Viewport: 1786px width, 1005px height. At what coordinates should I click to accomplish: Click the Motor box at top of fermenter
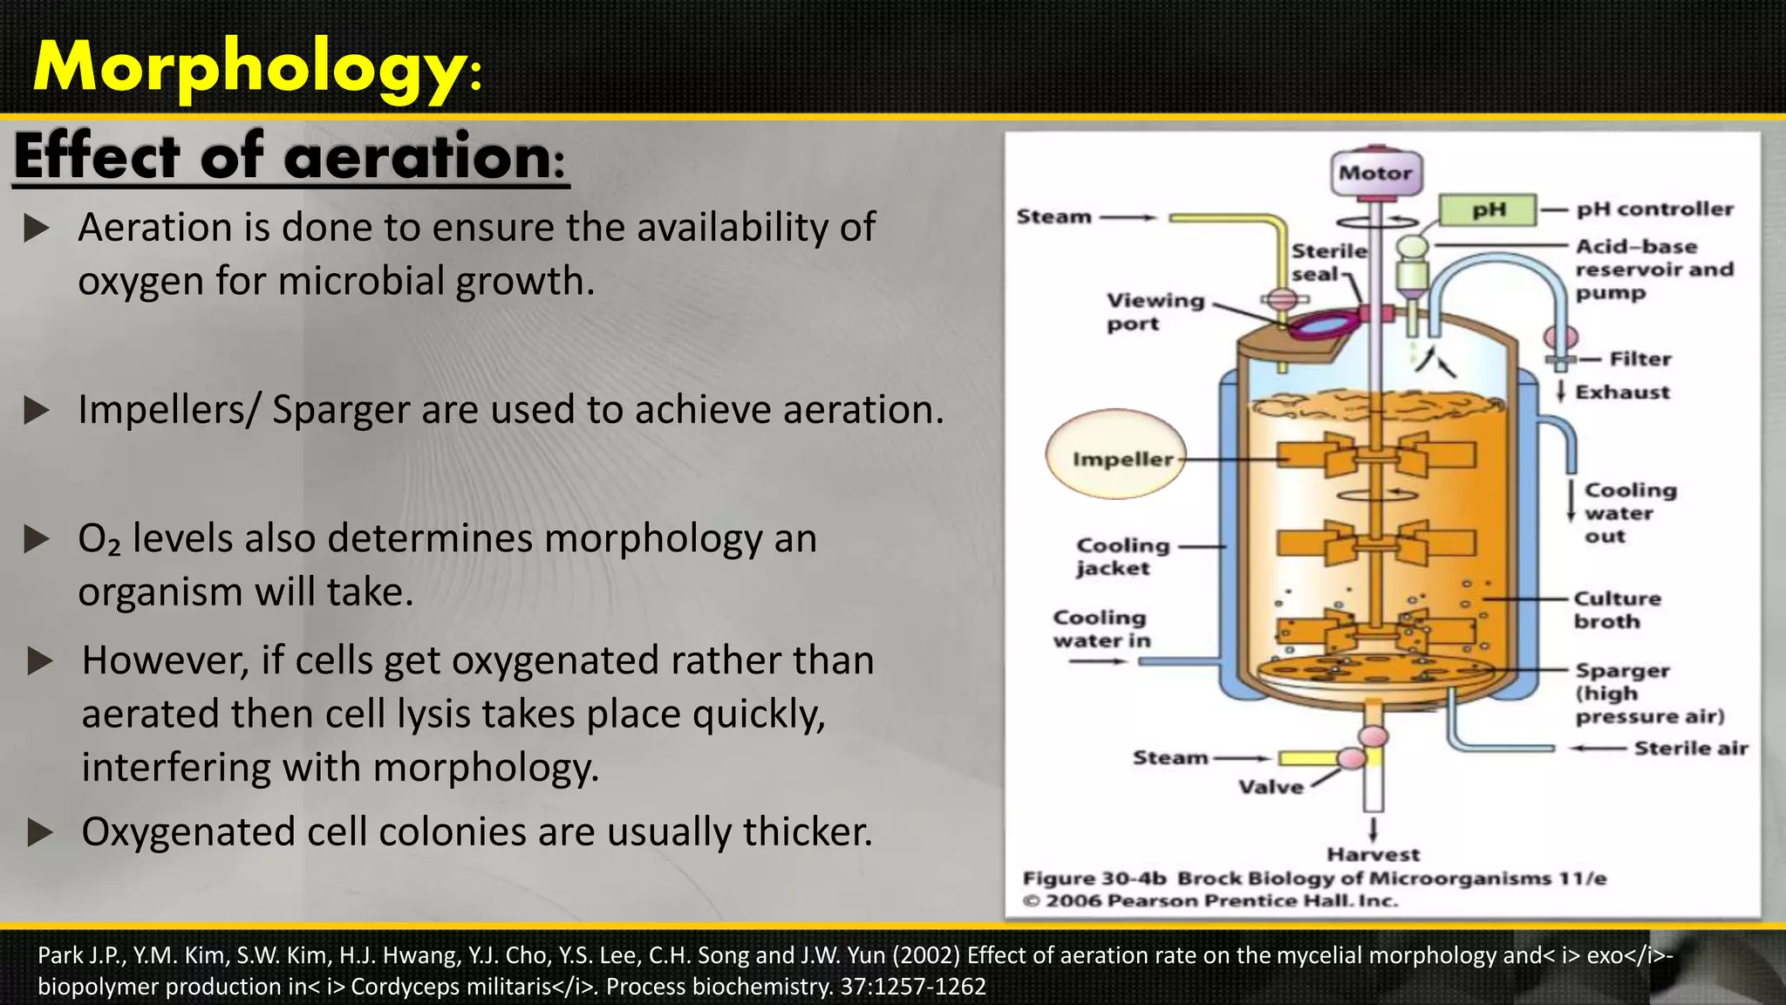(1375, 173)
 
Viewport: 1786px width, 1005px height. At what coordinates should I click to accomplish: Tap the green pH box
(1488, 210)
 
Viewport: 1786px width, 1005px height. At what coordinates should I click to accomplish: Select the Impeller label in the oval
(1121, 459)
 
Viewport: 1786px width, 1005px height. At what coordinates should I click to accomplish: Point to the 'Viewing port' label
(1154, 311)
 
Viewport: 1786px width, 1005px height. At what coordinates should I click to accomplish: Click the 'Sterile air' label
(1690, 749)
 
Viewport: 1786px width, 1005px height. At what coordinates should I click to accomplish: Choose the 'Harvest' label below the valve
(1373, 854)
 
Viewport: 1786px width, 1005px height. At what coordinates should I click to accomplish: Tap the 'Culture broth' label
(1616, 610)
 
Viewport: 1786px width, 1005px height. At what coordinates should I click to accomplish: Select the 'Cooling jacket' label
(1122, 557)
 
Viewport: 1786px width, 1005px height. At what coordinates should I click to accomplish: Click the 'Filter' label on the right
(1639, 359)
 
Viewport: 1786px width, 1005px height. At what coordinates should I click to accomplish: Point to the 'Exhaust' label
(1622, 393)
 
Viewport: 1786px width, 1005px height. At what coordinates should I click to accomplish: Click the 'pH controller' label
(1654, 209)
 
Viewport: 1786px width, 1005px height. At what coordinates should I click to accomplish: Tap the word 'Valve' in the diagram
(1271, 787)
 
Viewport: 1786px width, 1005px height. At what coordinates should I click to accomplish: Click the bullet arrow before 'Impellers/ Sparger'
(37, 410)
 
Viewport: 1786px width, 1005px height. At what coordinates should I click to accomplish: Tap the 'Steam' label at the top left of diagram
(1053, 216)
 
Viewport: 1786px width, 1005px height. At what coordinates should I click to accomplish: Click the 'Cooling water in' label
(1101, 629)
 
